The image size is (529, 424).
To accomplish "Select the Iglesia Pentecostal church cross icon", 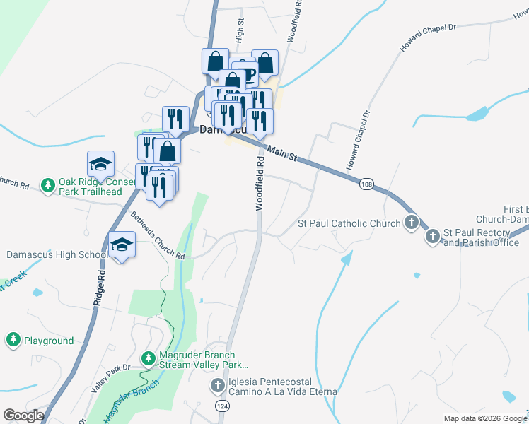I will pos(219,386).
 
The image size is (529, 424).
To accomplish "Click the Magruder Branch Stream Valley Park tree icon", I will pos(149,359).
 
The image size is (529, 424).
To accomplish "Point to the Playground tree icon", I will pos(13,341).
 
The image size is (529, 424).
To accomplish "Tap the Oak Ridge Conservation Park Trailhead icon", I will pos(48,186).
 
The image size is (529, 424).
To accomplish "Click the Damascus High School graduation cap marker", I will pos(122,245).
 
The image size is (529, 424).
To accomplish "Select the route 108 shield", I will pos(366,184).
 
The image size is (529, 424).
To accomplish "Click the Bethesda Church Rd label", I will pos(157,237).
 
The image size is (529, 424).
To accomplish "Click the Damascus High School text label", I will pos(57,254).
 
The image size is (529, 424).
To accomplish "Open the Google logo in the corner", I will pos(23,416).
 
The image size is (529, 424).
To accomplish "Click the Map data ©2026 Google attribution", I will pos(484,418).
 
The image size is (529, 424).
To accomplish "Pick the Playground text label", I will pos(49,341).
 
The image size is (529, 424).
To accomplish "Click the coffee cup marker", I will pos(245,72).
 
